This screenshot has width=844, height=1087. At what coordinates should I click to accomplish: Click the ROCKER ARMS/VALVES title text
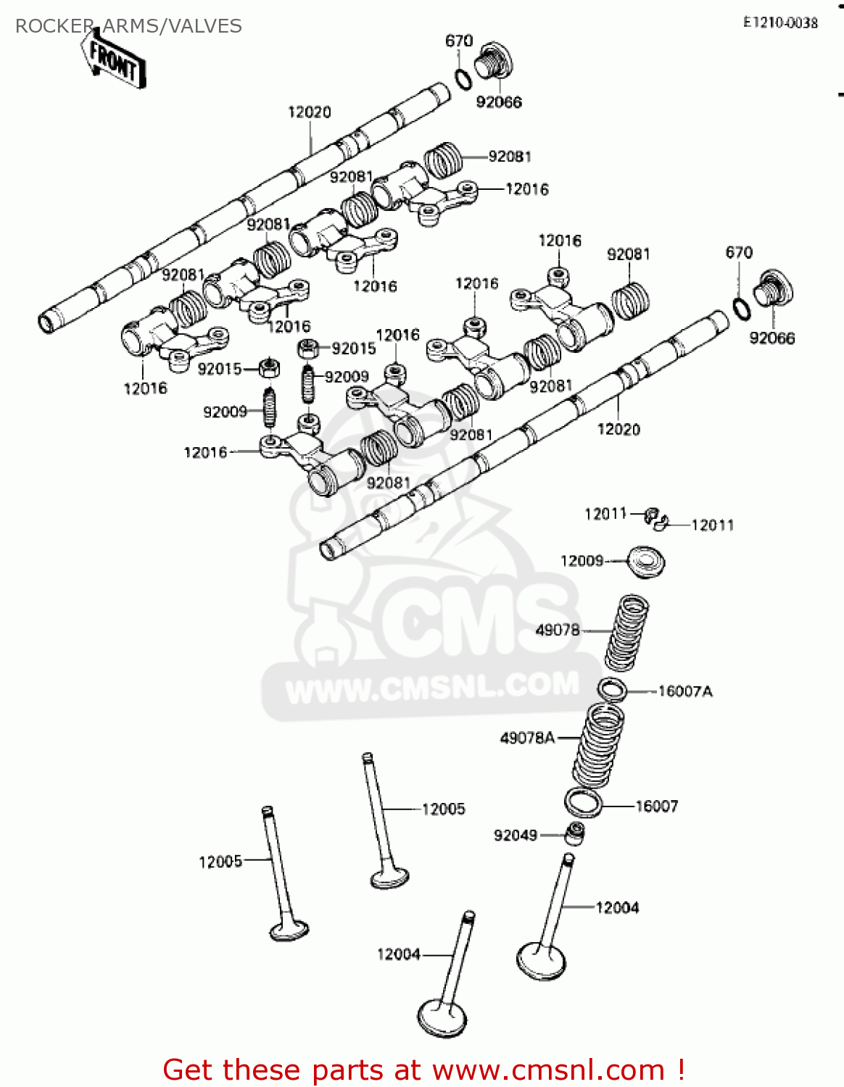point(128,26)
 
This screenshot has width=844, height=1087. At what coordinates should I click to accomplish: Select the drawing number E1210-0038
point(780,22)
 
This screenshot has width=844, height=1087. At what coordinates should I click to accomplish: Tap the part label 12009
point(582,560)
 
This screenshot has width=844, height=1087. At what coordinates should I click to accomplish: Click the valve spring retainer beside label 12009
point(645,562)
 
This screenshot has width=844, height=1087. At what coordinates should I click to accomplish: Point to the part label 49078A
point(527,738)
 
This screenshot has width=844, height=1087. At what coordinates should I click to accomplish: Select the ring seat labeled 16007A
point(612,690)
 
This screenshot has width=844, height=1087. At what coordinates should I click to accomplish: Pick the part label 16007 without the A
point(657,806)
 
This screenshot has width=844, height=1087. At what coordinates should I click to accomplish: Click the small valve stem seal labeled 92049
point(576,834)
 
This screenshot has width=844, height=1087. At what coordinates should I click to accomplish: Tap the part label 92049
point(516,835)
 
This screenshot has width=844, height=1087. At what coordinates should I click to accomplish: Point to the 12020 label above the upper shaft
point(310,112)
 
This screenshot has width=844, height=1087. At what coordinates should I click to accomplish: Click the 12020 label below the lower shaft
point(618,429)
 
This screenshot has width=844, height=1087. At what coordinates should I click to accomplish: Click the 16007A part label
point(685,691)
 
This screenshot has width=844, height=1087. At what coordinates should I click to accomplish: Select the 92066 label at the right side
point(771,338)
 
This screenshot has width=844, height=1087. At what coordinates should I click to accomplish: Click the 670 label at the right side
point(739,252)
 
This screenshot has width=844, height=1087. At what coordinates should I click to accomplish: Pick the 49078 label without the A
point(558,630)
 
